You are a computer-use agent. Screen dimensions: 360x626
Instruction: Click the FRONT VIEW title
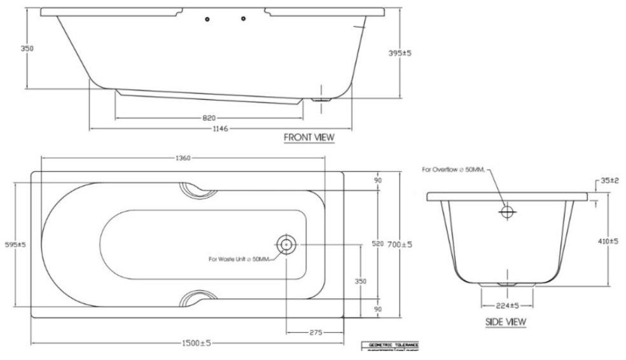coord(309,137)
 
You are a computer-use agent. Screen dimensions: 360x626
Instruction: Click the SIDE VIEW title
coord(506,322)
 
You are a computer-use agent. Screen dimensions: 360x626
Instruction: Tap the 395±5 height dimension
coord(399,53)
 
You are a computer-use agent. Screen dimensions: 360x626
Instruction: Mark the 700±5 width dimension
coord(400,244)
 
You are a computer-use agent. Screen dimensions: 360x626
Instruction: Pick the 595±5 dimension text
coord(15,244)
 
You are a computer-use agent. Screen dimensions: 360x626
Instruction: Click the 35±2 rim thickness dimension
coord(609,181)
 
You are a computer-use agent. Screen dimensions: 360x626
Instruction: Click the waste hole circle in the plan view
coord(285,244)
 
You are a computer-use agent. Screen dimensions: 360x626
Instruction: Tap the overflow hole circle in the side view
coord(507,212)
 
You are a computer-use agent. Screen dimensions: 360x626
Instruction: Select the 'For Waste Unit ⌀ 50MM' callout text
coord(239,259)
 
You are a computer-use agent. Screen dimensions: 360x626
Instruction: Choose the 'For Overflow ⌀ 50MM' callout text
coord(454,169)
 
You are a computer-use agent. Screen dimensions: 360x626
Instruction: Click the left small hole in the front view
coord(207,20)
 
